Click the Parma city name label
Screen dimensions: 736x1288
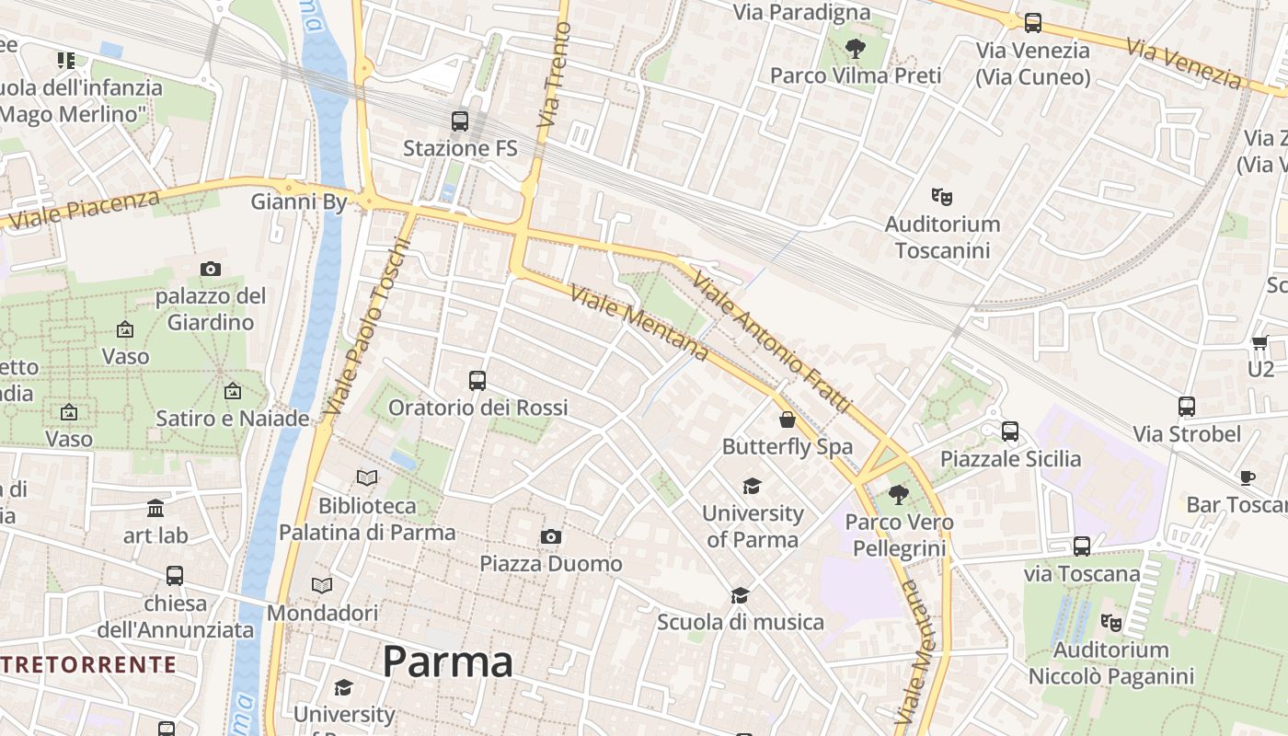[447, 661]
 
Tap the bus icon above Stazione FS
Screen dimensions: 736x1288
[459, 121]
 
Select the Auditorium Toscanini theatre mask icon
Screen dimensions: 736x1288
[941, 196]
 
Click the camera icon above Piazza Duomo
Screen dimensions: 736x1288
[550, 536]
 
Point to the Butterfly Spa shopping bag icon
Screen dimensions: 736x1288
[787, 420]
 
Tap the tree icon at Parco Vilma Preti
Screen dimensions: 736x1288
[855, 48]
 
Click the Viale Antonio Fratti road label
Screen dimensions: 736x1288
[773, 341]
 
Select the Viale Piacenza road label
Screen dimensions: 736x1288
[82, 209]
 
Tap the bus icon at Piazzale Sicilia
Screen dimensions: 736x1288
[1009, 431]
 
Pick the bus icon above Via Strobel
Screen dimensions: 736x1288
[1186, 406]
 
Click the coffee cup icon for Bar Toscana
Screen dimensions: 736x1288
[1247, 477]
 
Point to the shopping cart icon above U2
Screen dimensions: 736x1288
[1259, 342]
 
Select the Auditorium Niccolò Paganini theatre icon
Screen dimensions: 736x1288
[1110, 623]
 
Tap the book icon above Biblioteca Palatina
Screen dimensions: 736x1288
[366, 478]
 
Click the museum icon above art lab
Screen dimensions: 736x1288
[155, 508]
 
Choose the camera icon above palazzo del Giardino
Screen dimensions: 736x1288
[210, 269]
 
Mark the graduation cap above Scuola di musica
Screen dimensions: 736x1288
[740, 595]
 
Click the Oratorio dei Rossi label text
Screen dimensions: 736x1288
[477, 408]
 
